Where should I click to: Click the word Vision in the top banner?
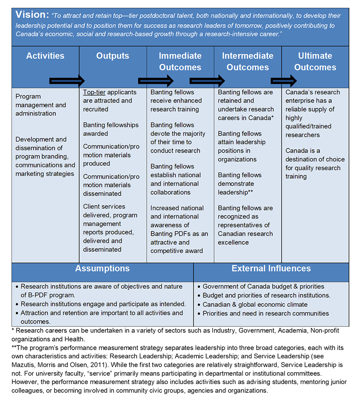[32, 15]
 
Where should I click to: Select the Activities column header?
[45, 56]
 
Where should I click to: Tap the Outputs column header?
[112, 56]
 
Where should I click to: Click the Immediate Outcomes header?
[180, 61]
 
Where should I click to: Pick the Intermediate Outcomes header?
[247, 61]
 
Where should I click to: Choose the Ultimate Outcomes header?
[315, 61]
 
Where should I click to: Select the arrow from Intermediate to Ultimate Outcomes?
[284, 81]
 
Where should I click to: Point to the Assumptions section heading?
[102, 269]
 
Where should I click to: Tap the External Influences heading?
[271, 269]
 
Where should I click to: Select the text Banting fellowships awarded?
[111, 129]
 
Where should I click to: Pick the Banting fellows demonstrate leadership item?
[240, 184]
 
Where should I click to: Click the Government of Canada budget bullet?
[263, 287]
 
